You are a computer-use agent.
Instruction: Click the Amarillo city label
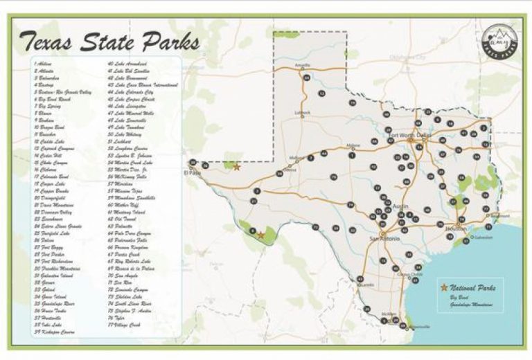coord(302,66)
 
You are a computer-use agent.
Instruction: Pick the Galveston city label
coord(482,237)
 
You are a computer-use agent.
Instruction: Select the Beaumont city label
coord(498,215)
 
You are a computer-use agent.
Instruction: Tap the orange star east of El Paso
coord(237,167)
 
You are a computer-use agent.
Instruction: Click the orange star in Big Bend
coord(260,235)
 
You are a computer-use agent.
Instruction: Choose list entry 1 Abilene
coord(43,64)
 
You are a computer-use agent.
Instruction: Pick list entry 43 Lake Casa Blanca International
coord(143,84)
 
